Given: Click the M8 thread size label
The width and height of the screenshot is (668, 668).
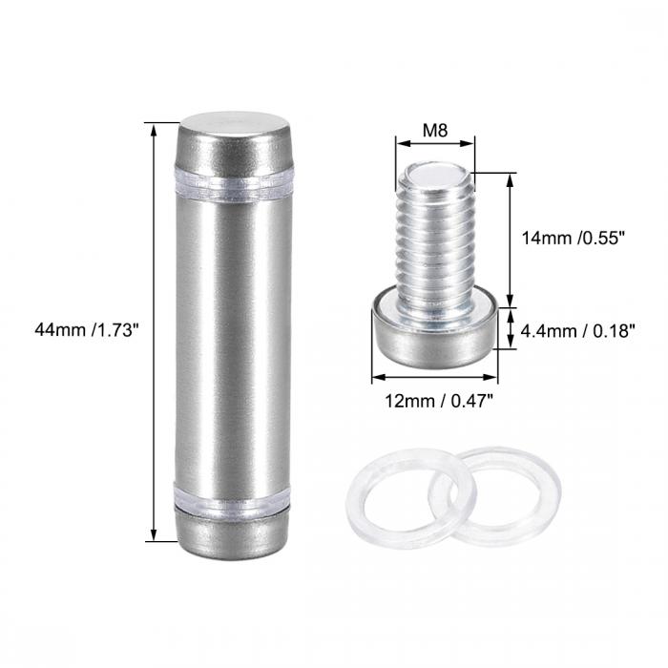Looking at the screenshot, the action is (x=435, y=130).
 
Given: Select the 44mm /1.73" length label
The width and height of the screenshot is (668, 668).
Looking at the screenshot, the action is (x=88, y=330).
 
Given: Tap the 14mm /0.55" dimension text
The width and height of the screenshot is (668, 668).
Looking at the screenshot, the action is (x=573, y=239).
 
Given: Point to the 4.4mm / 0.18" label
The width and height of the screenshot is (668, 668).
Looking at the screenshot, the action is (x=577, y=331).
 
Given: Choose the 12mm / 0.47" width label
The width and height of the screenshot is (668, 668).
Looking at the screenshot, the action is (x=439, y=401).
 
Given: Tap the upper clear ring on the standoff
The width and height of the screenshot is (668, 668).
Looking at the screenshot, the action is (x=234, y=185).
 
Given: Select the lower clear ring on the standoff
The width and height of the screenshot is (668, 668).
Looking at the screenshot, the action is (x=232, y=497).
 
